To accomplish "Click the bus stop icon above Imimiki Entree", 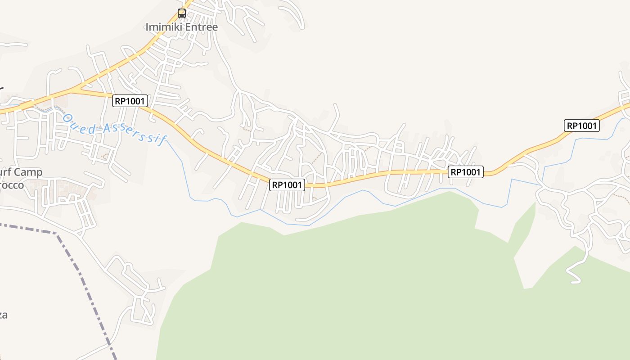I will pyautogui.click(x=182, y=13).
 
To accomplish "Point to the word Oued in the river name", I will pyautogui.click(x=79, y=123).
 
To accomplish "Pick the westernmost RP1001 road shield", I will pyautogui.click(x=130, y=101).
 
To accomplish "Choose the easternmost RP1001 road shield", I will pyautogui.click(x=582, y=126).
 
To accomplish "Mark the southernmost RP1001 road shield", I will pyautogui.click(x=287, y=184).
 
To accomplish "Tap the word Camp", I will pyautogui.click(x=28, y=172).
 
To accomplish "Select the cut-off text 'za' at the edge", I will pyautogui.click(x=3, y=315).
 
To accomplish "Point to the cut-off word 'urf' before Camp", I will pyautogui.click(x=5, y=172).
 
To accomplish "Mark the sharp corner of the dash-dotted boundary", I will pyautogui.click(x=56, y=233).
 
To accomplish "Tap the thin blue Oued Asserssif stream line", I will pyautogui.click(x=184, y=171).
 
